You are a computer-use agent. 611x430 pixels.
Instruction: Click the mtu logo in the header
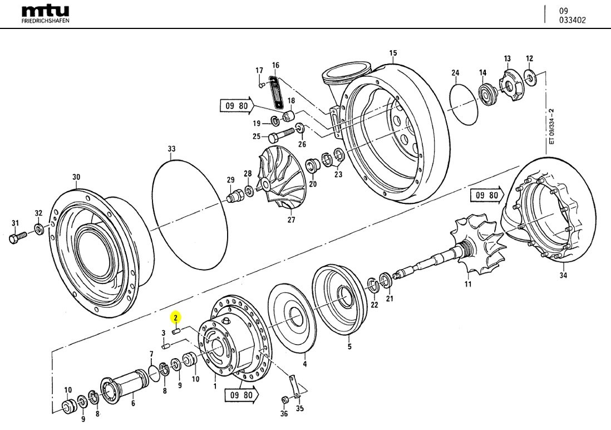coord(45,11)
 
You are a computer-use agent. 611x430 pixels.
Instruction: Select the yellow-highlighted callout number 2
coord(175,318)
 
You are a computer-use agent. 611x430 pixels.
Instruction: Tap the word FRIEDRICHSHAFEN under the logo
coord(45,21)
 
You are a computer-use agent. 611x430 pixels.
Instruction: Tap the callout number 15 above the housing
coord(393,53)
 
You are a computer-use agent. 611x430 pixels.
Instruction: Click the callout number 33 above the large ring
coord(171,149)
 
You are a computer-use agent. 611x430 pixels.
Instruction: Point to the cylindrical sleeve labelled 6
coord(127,384)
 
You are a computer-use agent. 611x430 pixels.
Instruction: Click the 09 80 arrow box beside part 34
coord(487,195)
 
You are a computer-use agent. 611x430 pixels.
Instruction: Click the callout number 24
coord(455,73)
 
